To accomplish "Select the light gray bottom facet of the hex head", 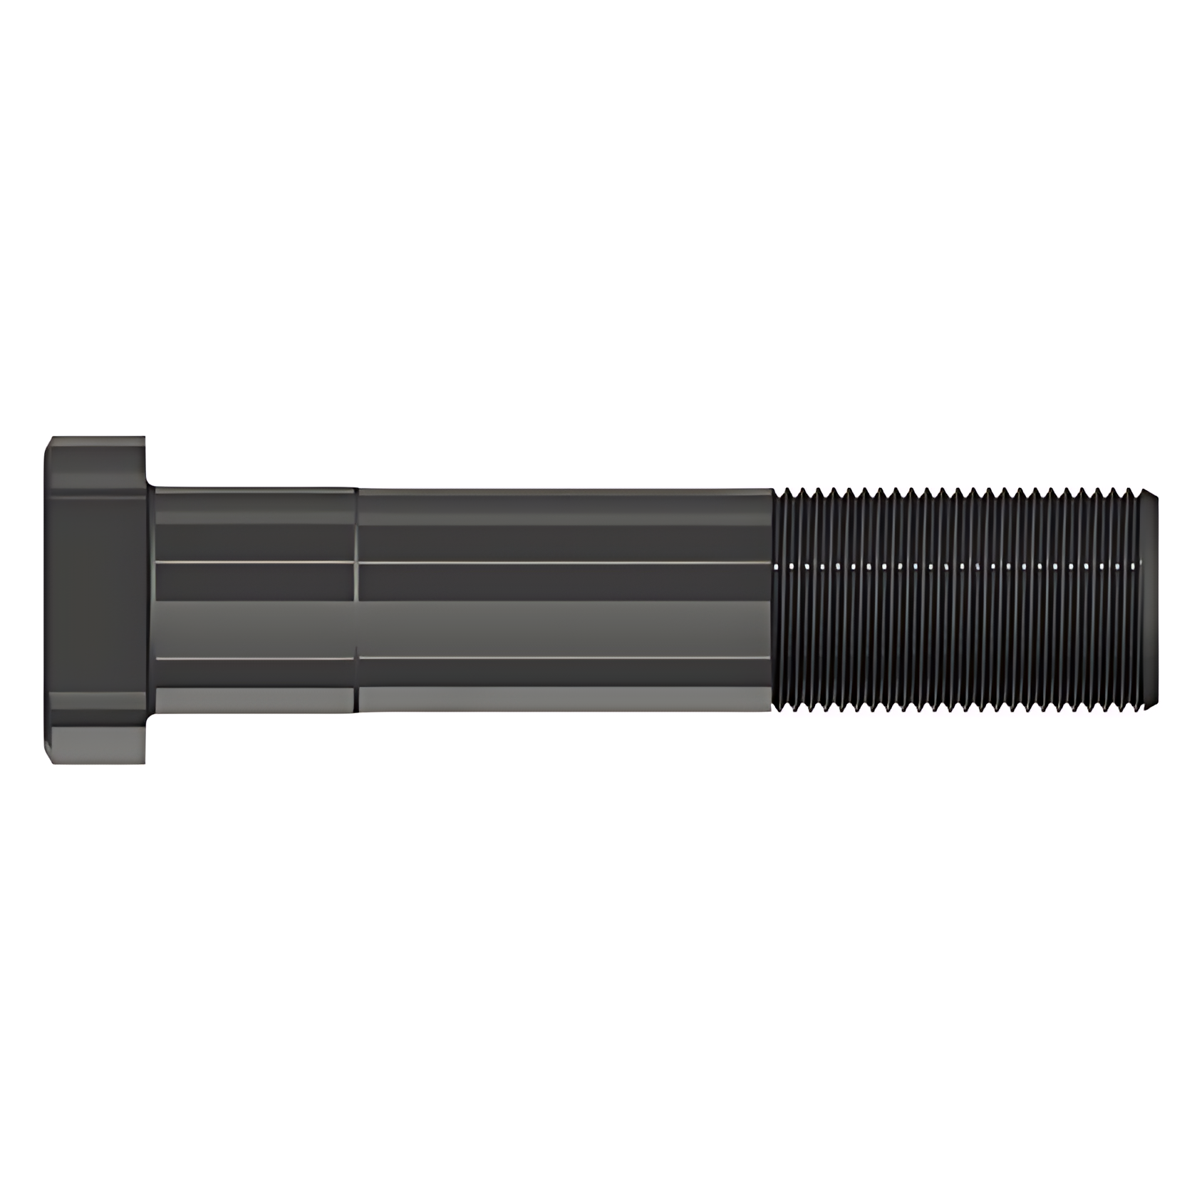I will (96, 745).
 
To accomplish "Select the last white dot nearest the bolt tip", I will (1133, 567).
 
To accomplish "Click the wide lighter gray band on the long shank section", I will (563, 627).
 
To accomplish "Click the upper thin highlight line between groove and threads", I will (563, 562).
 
